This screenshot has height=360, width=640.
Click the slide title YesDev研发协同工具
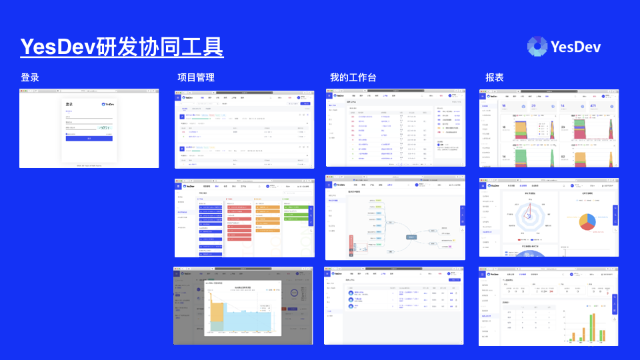[x=121, y=47]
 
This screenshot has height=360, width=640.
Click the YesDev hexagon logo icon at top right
[x=537, y=46]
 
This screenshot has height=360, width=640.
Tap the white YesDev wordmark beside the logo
[x=576, y=47]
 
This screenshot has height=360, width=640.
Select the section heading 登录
[x=30, y=77]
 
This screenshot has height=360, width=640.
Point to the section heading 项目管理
[x=196, y=77]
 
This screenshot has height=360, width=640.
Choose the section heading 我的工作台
[x=353, y=77]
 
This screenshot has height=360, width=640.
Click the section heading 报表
[x=495, y=77]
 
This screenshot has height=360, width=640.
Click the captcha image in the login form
[x=105, y=127]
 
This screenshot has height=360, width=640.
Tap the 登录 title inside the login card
[x=69, y=105]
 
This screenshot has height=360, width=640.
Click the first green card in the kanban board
[x=298, y=207]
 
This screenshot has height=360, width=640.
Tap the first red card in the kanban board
[x=239, y=207]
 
